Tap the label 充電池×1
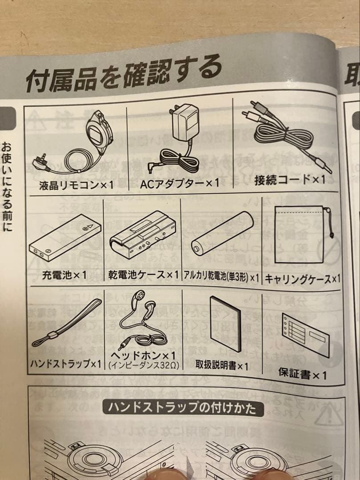(65, 275)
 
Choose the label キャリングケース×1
(302, 279)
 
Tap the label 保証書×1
(302, 374)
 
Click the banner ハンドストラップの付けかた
(180, 408)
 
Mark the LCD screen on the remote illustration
(95, 133)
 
